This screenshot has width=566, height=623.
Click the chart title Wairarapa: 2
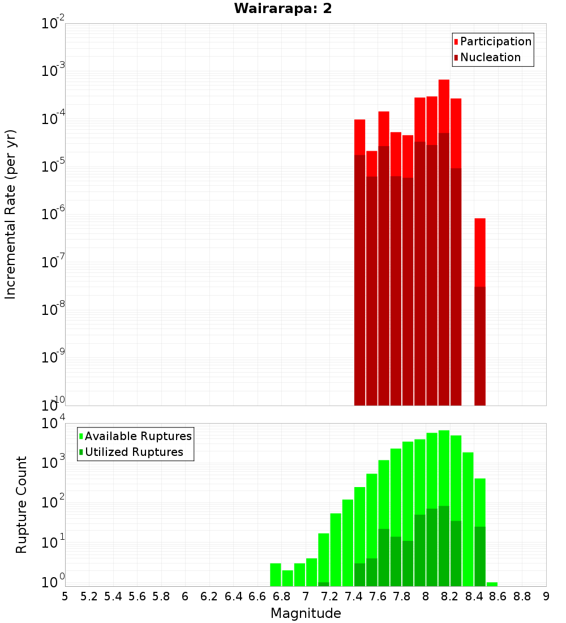coord(282,8)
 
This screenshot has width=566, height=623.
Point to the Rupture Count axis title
coord(22,504)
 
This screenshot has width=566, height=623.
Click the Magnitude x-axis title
coord(306,613)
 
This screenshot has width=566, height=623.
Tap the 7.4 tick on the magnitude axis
coord(354,596)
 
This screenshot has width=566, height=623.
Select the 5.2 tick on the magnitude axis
coord(89,596)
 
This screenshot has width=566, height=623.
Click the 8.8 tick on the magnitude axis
coord(522,596)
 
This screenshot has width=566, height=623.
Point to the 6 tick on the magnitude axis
coord(185,596)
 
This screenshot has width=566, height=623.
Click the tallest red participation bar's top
coord(444,81)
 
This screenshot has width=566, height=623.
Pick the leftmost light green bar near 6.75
coord(276,574)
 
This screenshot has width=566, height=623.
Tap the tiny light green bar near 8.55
coord(492,584)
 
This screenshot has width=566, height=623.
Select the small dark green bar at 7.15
coord(324,584)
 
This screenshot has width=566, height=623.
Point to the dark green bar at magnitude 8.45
coord(480,555)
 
